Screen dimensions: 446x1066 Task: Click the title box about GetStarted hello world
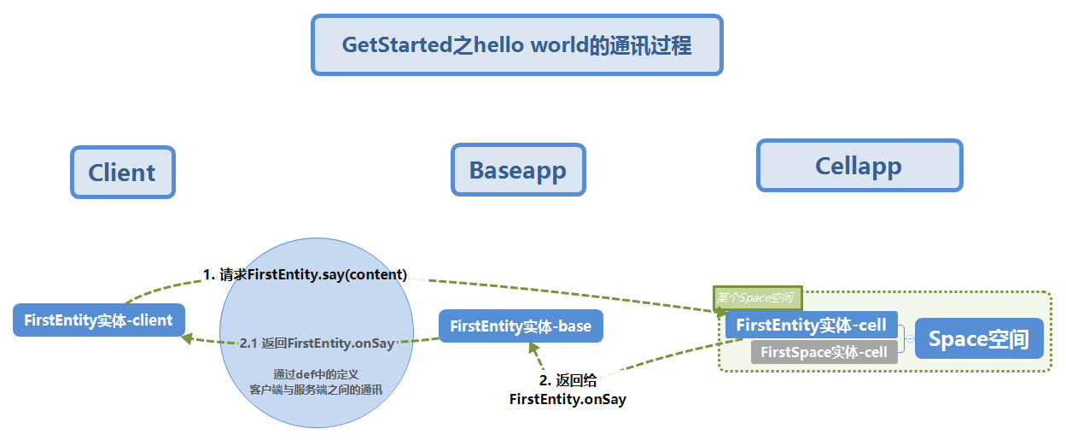pyautogui.click(x=516, y=44)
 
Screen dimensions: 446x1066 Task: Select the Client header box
pyautogui.click(x=122, y=173)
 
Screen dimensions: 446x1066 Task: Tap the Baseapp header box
pyautogui.click(x=518, y=170)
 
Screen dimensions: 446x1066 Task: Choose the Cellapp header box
pyautogui.click(x=859, y=165)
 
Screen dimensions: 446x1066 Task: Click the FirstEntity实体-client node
pyautogui.click(x=99, y=320)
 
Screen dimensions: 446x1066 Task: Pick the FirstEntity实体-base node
pyautogui.click(x=521, y=326)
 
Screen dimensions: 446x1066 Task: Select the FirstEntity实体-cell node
pyautogui.click(x=811, y=325)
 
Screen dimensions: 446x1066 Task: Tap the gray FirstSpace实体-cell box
pyautogui.click(x=824, y=352)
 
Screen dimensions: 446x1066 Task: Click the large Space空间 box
pyautogui.click(x=979, y=339)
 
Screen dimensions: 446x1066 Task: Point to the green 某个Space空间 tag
pyautogui.click(x=758, y=296)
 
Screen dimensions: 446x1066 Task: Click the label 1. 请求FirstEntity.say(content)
pyautogui.click(x=305, y=274)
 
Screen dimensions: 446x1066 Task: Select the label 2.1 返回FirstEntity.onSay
pyautogui.click(x=317, y=343)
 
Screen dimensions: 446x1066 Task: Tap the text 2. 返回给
pyautogui.click(x=567, y=382)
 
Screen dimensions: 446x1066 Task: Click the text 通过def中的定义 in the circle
pyautogui.click(x=316, y=373)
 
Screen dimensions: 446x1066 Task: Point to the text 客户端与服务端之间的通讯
pyautogui.click(x=316, y=390)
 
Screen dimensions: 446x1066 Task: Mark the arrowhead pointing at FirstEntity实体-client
pyautogui.click(x=188, y=339)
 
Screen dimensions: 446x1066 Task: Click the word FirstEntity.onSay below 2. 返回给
pyautogui.click(x=567, y=399)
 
